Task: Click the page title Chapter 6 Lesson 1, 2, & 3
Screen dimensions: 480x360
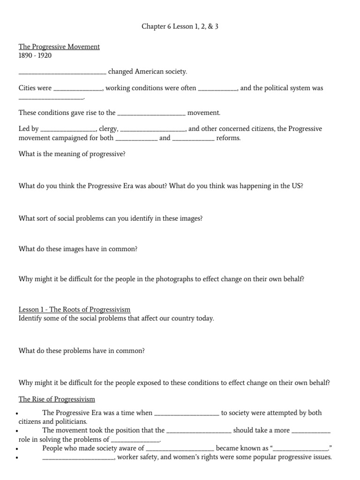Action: pyautogui.click(x=180, y=27)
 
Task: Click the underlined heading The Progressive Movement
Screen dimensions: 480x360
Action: pyautogui.click(x=59, y=47)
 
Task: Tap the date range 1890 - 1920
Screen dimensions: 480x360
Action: pyautogui.click(x=35, y=55)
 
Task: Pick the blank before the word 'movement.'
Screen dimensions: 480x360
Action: pyautogui.click(x=150, y=113)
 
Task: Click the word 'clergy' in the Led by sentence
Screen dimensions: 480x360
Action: pyautogui.click(x=108, y=129)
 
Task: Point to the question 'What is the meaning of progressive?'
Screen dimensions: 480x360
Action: pyautogui.click(x=72, y=154)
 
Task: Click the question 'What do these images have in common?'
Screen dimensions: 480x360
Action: pyautogui.click(x=78, y=249)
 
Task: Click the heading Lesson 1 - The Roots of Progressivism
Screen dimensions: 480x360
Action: pyautogui.click(x=75, y=309)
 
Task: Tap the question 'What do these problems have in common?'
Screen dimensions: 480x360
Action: pyautogui.click(x=82, y=351)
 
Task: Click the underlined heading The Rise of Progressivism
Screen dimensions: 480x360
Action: pyautogui.click(x=57, y=399)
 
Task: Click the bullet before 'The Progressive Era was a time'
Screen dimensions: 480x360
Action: pyautogui.click(x=17, y=414)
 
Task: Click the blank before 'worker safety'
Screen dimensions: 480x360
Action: pyautogui.click(x=78, y=458)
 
